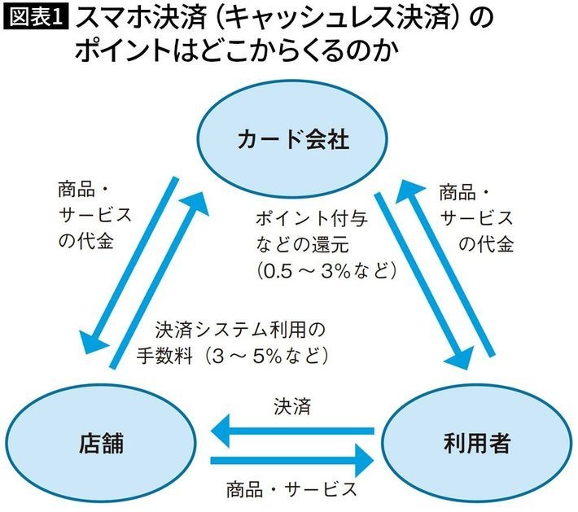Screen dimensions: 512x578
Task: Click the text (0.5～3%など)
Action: point(325,269)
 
